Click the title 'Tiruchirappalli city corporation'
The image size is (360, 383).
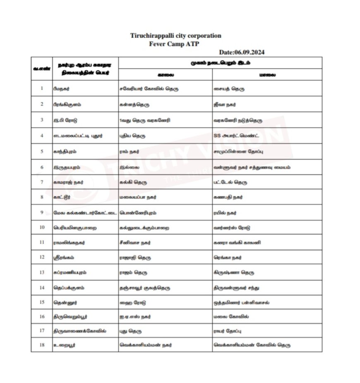point(175,36)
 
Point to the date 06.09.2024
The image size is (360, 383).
point(242,52)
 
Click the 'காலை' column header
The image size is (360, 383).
point(166,75)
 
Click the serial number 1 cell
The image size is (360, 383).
point(42,88)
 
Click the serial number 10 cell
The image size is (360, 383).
point(42,227)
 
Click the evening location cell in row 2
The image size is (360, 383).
point(225,104)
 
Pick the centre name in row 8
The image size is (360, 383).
point(62,197)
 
